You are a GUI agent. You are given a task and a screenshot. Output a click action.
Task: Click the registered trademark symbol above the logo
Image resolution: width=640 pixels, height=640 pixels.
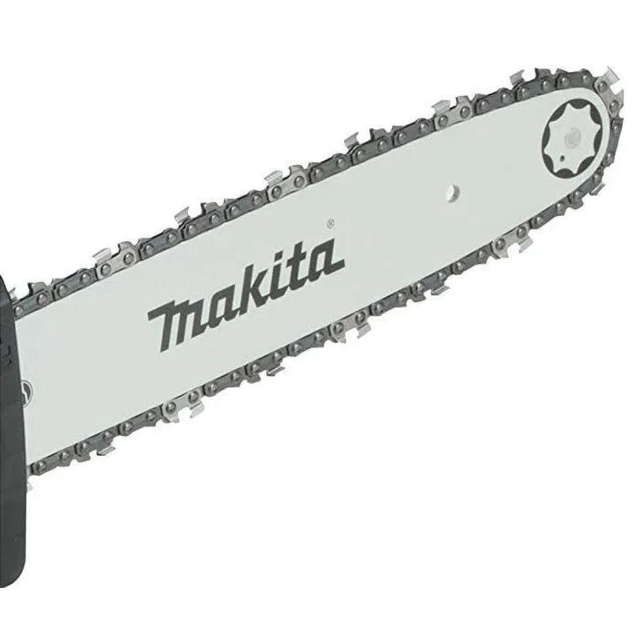click(331, 222)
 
